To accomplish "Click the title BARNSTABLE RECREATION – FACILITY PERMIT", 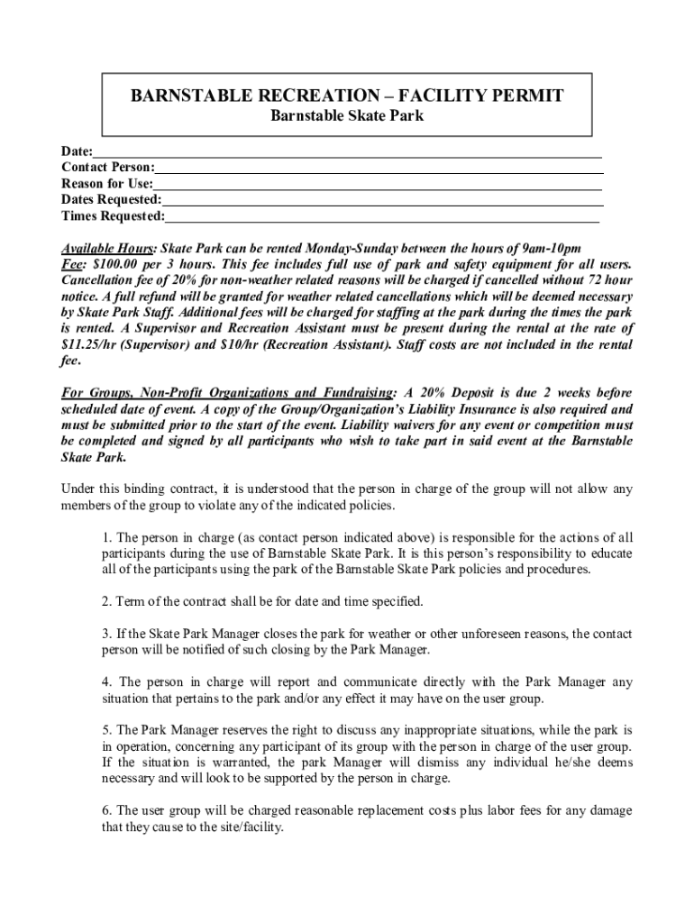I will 347,96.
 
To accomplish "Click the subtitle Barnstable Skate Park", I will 347,115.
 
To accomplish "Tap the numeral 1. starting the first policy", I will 106,538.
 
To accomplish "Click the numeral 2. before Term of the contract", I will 106,600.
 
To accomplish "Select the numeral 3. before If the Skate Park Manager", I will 106,633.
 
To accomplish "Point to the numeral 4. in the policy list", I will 106,682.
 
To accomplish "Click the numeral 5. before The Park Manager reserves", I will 106,729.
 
